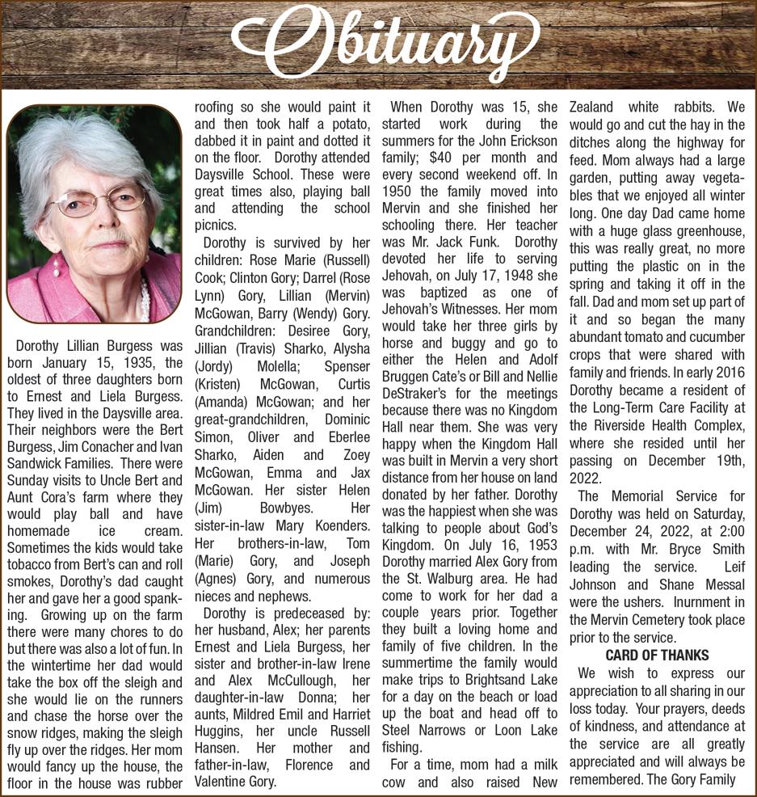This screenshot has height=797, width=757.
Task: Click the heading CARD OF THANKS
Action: tap(657, 656)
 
